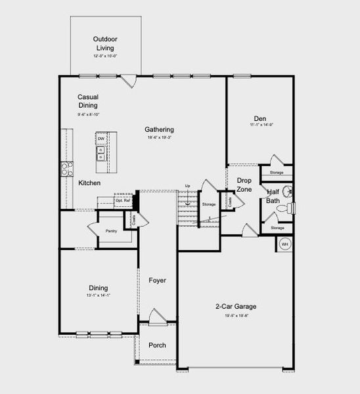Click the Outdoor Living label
point(105,43)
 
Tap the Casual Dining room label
point(87,100)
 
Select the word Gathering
point(159,129)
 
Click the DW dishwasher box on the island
point(101,139)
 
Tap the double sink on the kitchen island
point(101,154)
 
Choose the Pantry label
point(110,231)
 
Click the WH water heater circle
point(285,244)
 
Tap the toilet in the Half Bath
point(284,209)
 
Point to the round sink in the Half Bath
point(287,192)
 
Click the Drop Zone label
point(244,185)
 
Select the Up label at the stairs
point(187,186)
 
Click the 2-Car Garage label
point(236,307)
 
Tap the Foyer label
point(157,280)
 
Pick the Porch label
point(157,345)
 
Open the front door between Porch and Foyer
point(156,320)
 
